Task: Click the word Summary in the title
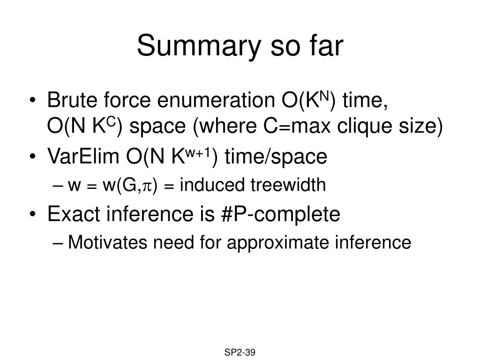[199, 46]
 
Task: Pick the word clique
[365, 126]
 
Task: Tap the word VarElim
[83, 156]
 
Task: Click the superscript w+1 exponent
[198, 153]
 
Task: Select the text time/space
[276, 157]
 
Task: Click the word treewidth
[288, 185]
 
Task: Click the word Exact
[74, 214]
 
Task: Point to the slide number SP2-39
[240, 352]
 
